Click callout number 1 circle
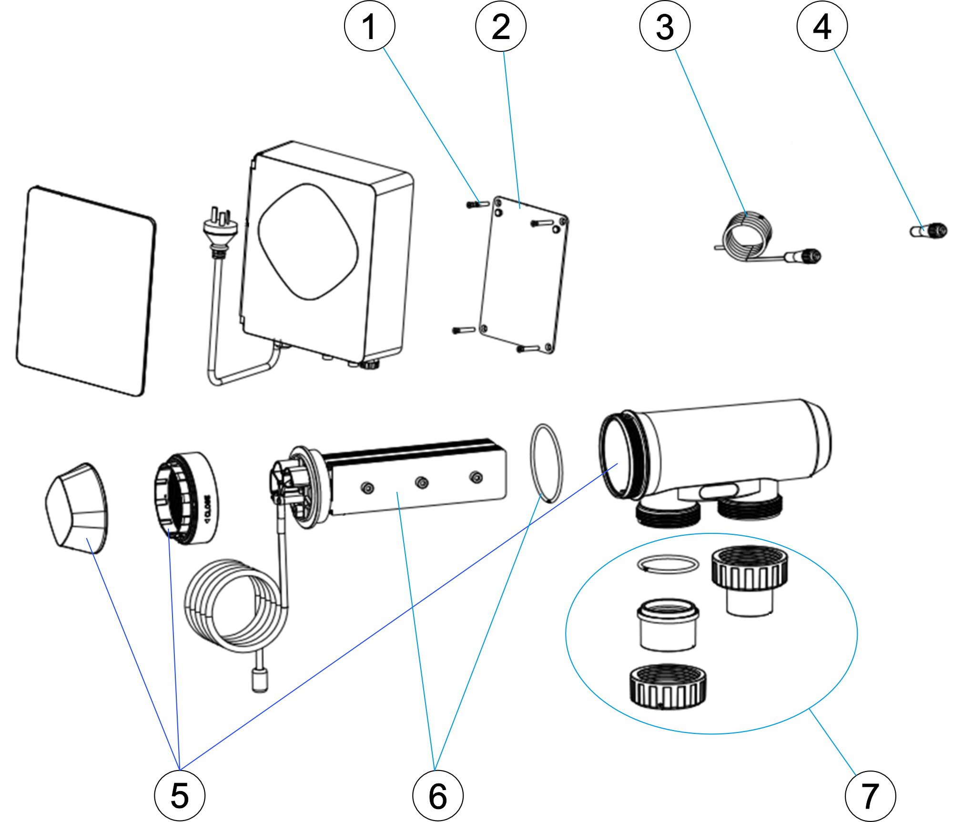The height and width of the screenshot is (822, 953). click(370, 26)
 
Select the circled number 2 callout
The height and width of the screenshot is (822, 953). click(501, 26)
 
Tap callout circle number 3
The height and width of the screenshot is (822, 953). click(665, 26)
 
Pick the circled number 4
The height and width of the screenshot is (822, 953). click(822, 26)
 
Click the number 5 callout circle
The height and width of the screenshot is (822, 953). click(180, 795)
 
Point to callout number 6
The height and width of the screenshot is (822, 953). click(438, 795)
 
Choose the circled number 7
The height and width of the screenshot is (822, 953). click(870, 795)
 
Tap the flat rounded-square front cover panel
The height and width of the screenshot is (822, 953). click(86, 291)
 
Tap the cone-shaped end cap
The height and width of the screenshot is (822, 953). click(77, 508)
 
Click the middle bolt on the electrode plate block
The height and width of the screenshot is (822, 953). click(422, 483)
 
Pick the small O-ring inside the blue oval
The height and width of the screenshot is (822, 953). click(668, 564)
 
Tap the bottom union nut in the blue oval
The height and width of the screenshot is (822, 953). click(668, 686)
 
